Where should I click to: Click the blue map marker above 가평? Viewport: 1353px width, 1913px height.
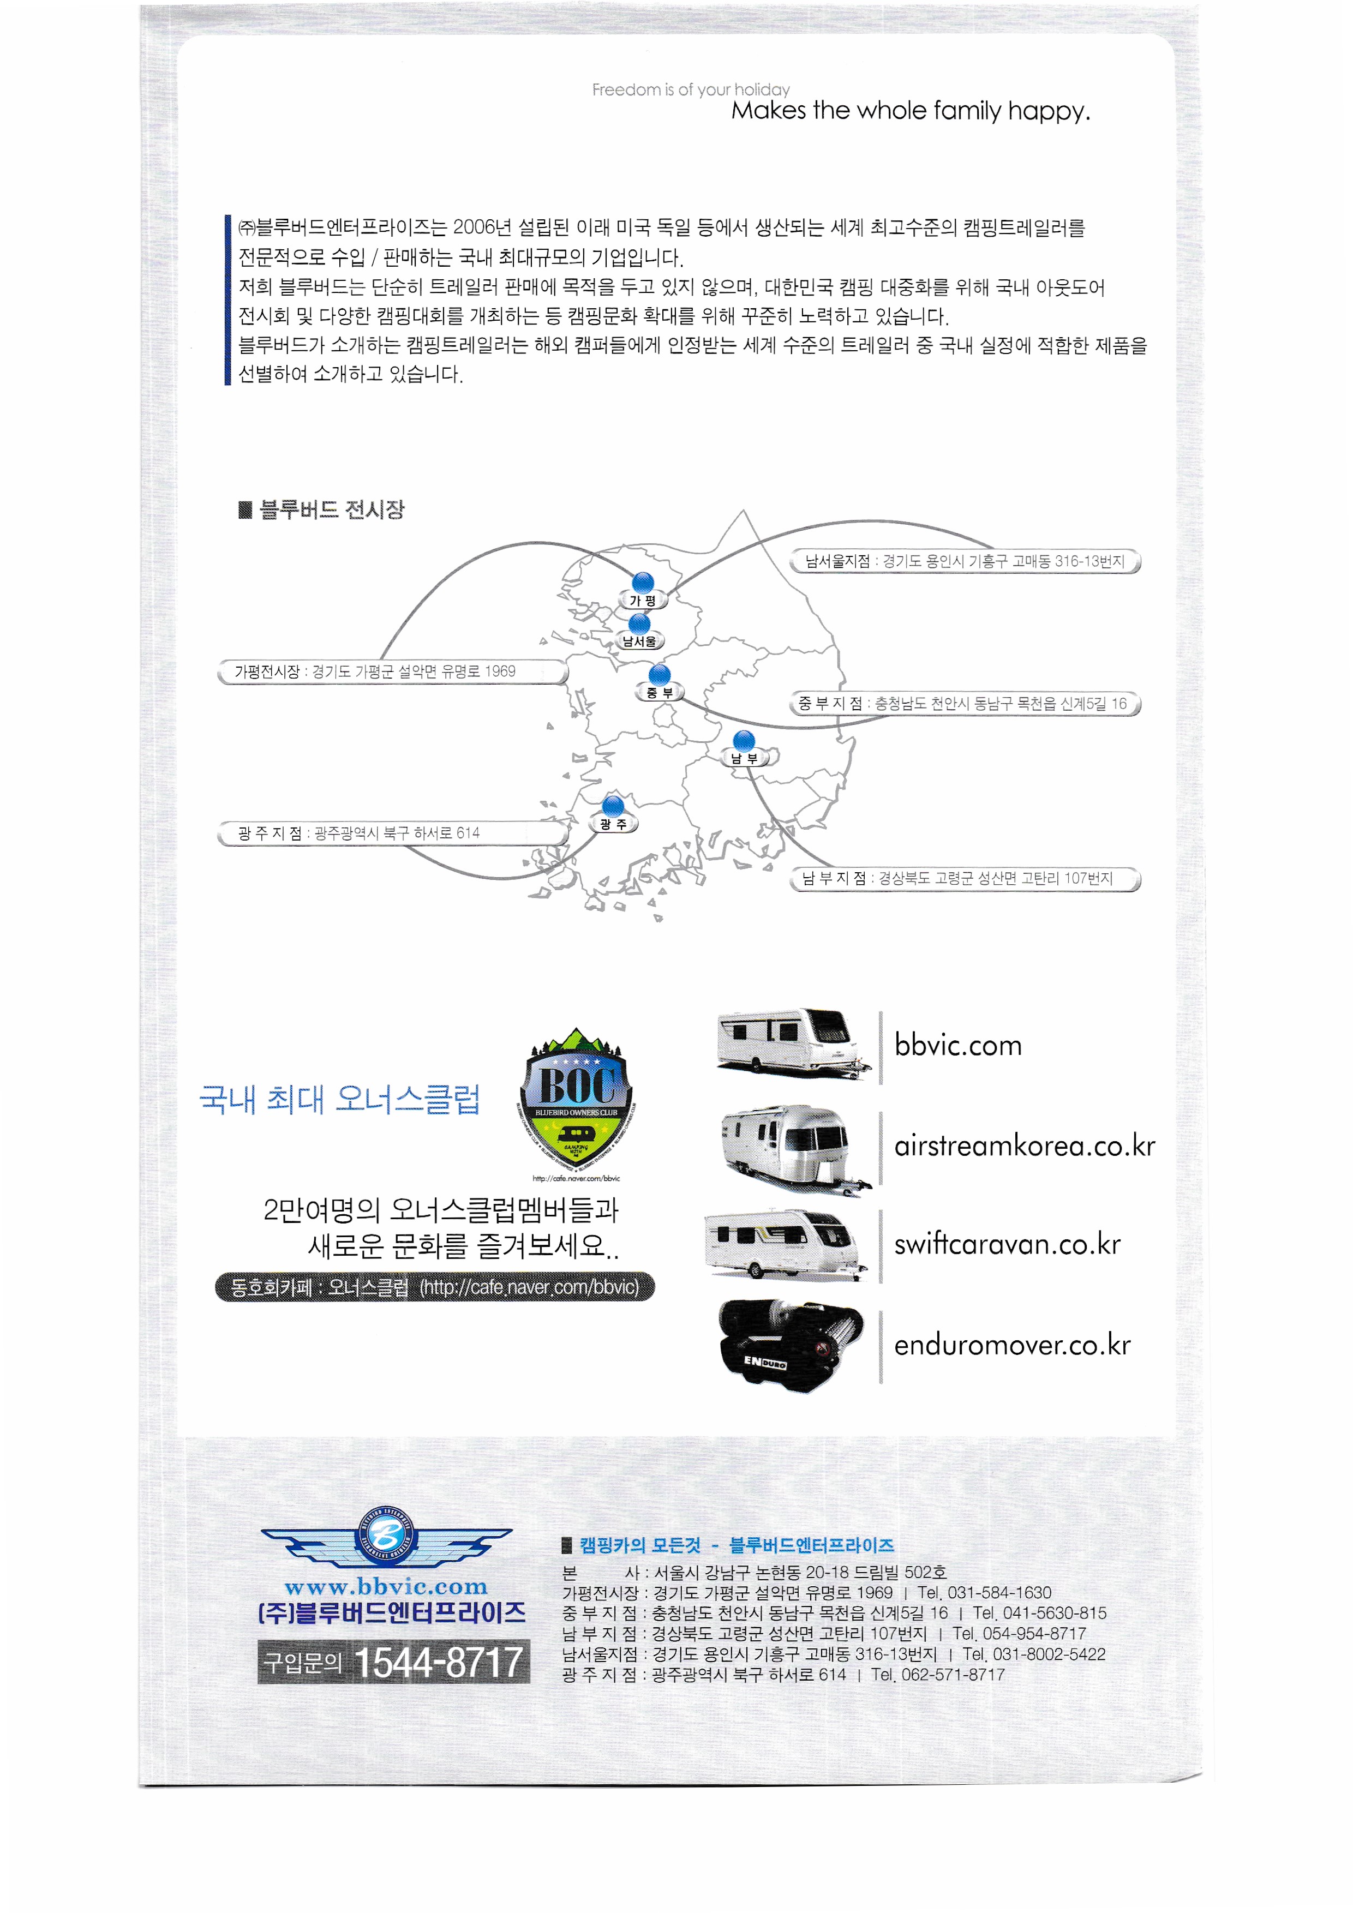(x=642, y=583)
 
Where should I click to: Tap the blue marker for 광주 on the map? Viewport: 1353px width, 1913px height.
(x=613, y=806)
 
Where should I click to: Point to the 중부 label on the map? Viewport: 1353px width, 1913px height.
(x=659, y=692)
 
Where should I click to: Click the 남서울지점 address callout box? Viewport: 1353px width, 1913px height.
(x=965, y=561)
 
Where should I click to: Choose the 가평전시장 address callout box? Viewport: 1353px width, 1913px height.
(x=392, y=671)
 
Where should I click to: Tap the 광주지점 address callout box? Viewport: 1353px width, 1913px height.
(x=392, y=833)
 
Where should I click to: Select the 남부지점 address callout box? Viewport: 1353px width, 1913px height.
(x=965, y=878)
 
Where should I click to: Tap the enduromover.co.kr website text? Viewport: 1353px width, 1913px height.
(x=1012, y=1345)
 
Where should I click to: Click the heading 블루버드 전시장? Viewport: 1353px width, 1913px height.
(x=332, y=509)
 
